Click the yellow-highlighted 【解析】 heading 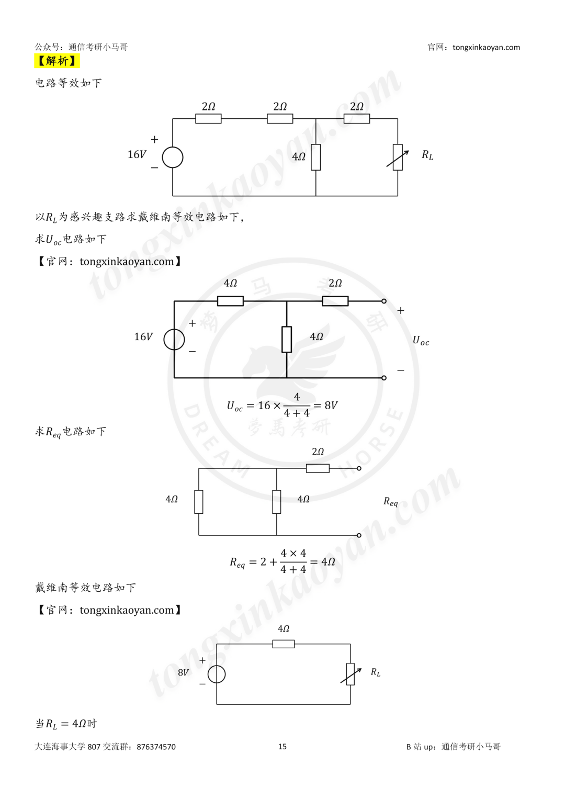(x=56, y=61)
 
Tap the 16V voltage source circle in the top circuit (x=173, y=157)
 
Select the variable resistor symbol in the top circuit (x=398, y=157)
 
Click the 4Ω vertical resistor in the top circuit (x=315, y=157)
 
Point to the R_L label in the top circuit (x=427, y=155)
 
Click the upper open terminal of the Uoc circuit (x=384, y=301)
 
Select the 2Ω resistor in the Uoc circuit (x=335, y=301)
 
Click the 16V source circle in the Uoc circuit (x=174, y=339)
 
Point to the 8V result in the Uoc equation (x=331, y=405)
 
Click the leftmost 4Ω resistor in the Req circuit (x=199, y=502)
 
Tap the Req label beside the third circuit (x=391, y=501)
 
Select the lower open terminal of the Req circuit (x=359, y=535)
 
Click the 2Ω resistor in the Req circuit (x=318, y=468)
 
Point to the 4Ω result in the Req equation (x=328, y=562)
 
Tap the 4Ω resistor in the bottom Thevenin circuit (x=284, y=644)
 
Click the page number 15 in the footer (x=282, y=747)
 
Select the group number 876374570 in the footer (x=156, y=747)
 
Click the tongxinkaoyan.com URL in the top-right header (x=486, y=48)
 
